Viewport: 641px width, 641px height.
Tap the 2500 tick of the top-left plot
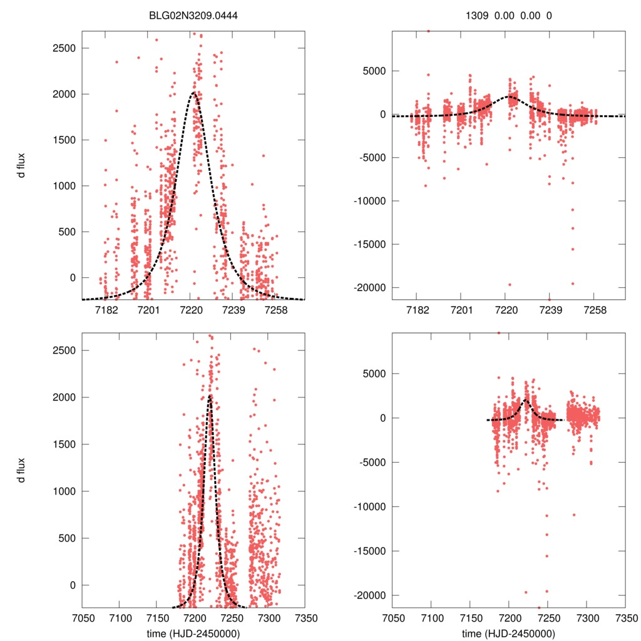[64, 48]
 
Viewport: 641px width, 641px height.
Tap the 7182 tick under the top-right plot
[417, 310]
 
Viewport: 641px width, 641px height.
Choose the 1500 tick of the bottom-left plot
[64, 444]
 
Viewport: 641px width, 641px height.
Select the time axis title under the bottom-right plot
[509, 633]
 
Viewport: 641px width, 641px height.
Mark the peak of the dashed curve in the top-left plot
[193, 93]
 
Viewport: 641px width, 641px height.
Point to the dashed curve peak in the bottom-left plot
[210, 396]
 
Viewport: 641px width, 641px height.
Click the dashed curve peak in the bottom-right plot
[526, 400]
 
